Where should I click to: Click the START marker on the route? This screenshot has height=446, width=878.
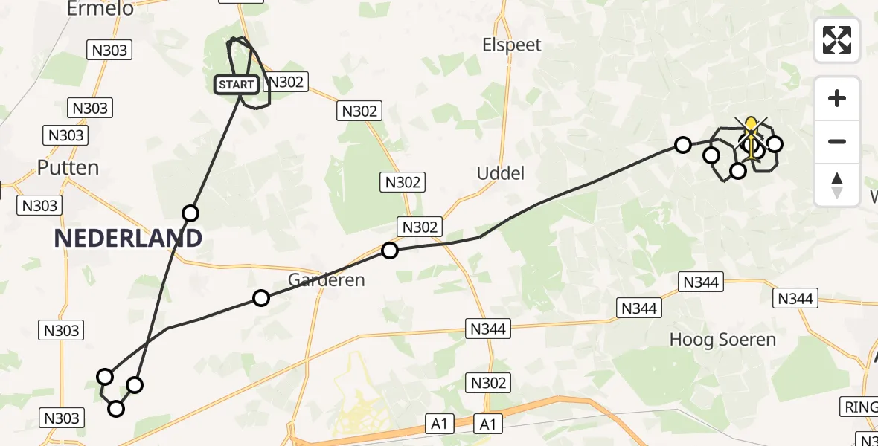[237, 85]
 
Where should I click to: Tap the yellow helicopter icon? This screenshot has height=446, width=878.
[752, 138]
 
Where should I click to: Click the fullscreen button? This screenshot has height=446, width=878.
[837, 40]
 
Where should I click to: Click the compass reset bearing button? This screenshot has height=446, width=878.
[837, 185]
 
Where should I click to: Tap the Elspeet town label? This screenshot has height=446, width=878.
[512, 45]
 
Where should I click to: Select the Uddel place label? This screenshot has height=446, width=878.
[501, 173]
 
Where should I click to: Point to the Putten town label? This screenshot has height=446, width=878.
[68, 167]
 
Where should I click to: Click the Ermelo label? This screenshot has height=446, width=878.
[100, 9]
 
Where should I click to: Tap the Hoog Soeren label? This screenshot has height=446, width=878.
[722, 340]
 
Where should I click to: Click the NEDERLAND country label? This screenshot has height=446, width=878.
[128, 238]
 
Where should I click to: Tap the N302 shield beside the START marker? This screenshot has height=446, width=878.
[286, 82]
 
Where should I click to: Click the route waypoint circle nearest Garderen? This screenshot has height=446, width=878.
[261, 298]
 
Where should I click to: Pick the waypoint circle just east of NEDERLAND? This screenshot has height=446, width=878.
[190, 213]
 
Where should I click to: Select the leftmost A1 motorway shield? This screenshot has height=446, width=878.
[439, 424]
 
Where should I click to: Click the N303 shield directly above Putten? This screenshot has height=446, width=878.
[65, 135]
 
